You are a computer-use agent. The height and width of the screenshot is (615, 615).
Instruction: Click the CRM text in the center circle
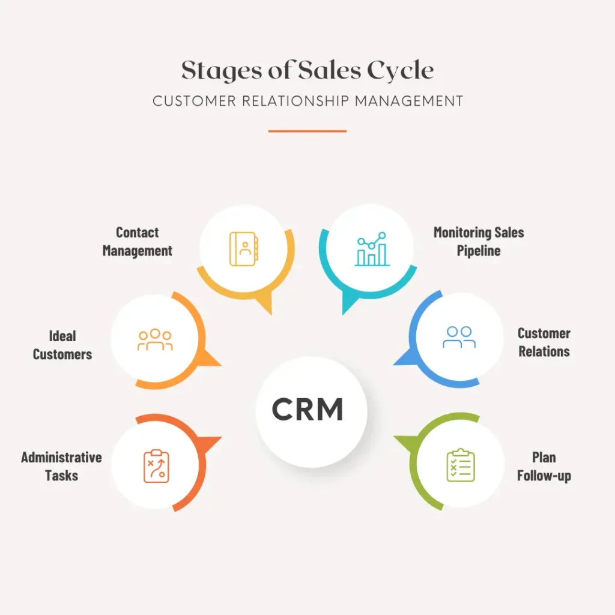coord(307,408)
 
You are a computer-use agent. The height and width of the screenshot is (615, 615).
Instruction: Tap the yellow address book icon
coord(244,249)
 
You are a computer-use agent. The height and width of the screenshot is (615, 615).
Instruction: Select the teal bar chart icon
coord(372,249)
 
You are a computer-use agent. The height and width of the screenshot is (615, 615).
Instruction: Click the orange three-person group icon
coord(155,340)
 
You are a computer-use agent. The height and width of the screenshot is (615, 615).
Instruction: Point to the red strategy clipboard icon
coord(156,466)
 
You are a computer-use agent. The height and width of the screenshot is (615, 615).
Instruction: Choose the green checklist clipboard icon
coord(461,465)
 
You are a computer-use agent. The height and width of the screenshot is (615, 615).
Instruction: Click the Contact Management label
coord(138,241)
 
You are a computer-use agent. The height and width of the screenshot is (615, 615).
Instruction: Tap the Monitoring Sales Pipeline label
coord(479,241)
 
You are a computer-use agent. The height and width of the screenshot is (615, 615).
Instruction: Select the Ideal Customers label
coord(62,345)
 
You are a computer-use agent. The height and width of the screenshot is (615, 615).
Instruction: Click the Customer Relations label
coord(544,342)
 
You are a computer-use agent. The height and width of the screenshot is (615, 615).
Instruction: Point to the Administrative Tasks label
coord(62,466)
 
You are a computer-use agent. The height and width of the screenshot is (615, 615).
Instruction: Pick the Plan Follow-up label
coord(544,466)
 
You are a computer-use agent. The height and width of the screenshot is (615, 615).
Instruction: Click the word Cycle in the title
coord(401,71)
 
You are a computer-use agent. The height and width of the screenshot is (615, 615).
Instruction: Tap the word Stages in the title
coord(222,71)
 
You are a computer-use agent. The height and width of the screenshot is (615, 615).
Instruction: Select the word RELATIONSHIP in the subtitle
coord(295,101)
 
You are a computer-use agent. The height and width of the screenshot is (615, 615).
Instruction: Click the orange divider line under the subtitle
coord(307,131)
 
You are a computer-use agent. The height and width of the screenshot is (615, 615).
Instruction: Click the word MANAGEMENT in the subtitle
coord(409,101)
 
